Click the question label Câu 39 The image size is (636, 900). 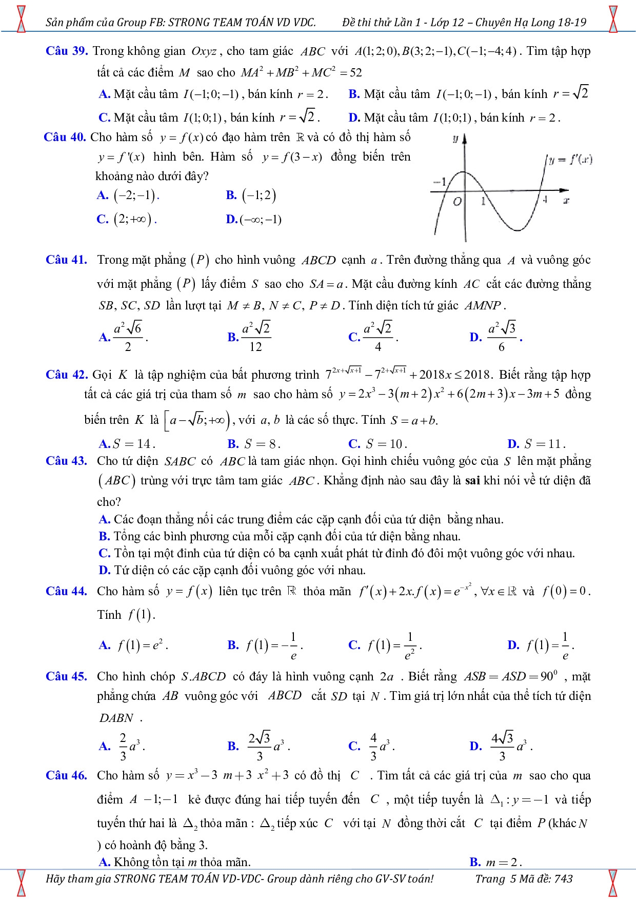tap(67, 51)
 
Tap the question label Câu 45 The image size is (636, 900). tap(67, 676)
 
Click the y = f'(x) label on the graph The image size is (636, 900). tap(570, 160)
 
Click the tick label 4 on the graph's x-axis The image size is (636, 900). tap(546, 200)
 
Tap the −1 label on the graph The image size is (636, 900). tap(440, 182)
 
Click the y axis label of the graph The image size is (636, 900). tap(455, 139)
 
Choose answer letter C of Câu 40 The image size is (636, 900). tap(102, 220)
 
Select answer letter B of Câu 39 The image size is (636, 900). tap(353, 94)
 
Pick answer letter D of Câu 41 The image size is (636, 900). tap(475, 337)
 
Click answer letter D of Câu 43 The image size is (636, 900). tap(104, 570)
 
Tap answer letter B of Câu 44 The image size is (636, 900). tap(233, 645)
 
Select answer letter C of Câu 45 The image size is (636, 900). tap(354, 746)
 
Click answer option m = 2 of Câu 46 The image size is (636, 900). tap(502, 862)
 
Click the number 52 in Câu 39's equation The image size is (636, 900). tap(355, 73)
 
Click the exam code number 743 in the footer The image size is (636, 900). tap(563, 878)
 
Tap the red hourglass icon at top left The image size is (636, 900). tap(21, 18)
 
